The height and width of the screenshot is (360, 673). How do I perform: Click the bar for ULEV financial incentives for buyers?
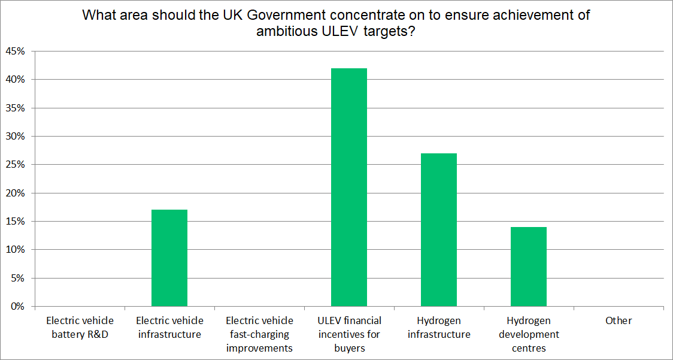[x=349, y=187]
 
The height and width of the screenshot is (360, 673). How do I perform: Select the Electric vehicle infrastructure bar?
[x=169, y=258]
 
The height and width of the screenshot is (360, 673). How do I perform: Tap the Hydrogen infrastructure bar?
[x=439, y=230]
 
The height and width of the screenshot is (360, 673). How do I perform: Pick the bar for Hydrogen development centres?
[x=529, y=267]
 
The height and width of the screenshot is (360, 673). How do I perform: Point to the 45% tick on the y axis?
[x=16, y=52]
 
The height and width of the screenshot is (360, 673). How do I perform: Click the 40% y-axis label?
[x=16, y=80]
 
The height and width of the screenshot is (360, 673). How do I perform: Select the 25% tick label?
[x=16, y=165]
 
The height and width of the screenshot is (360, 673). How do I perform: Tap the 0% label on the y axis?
[x=18, y=307]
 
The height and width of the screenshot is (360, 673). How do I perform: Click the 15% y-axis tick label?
[x=16, y=222]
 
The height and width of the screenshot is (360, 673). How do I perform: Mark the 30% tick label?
[x=16, y=137]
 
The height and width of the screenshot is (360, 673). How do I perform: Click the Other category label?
[x=619, y=320]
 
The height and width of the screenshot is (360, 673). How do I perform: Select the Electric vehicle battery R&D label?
[x=80, y=327]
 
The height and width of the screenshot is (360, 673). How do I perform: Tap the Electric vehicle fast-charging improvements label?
[x=259, y=334]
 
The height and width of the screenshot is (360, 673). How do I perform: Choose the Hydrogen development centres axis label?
[x=529, y=334]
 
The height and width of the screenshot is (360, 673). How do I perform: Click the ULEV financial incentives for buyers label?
[x=350, y=334]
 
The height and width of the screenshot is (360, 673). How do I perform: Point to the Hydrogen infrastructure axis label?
[x=439, y=327]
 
